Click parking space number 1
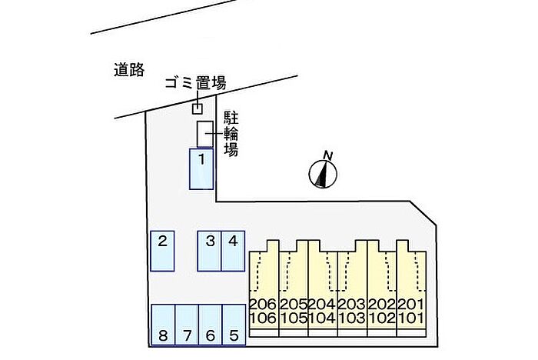201,169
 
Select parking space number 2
163,251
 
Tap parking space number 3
209,251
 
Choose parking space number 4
233,251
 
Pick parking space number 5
234,325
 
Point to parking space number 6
211,325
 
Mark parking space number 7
187,325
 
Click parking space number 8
163,325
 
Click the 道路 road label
129,70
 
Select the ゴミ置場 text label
195,83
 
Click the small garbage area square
197,109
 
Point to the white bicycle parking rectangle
205,135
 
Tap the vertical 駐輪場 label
231,134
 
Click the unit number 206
263,305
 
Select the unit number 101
412,318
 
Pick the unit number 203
352,305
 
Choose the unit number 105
294,318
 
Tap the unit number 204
323,305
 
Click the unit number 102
382,318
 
